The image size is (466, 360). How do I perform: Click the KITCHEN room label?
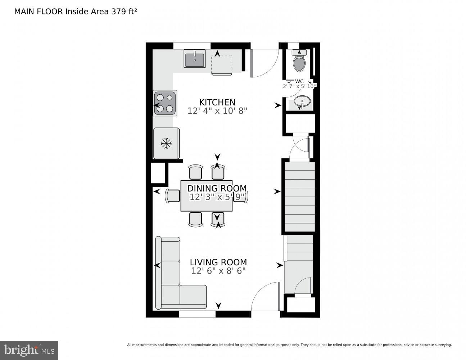pos(217,102)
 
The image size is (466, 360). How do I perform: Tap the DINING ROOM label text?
pos(217,188)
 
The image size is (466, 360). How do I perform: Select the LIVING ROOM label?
pos(218,262)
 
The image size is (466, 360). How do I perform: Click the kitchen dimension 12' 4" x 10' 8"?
pos(217,111)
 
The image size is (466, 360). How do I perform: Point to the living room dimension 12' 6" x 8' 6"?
pos(218,271)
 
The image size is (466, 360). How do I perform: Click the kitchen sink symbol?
pos(194,59)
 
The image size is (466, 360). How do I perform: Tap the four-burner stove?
pos(165,103)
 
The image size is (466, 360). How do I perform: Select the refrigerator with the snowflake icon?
pos(166,143)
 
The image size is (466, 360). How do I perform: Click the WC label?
pos(299,81)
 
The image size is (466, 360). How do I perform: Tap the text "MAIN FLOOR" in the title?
pos(39,12)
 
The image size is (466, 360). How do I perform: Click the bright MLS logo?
pos(29,350)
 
